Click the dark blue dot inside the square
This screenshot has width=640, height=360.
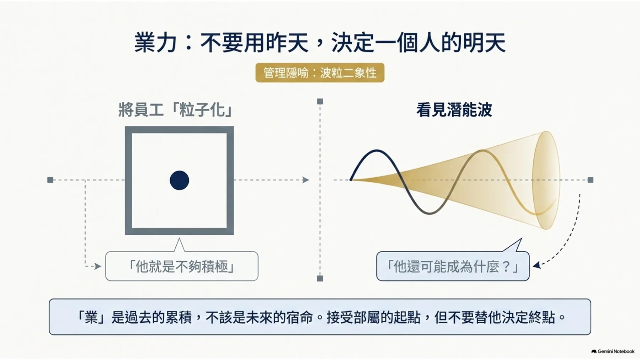tap(179, 180)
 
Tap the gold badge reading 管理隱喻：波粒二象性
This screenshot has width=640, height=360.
tap(320, 73)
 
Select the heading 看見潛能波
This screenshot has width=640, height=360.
tap(454, 110)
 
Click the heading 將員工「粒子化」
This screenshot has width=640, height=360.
tap(176, 109)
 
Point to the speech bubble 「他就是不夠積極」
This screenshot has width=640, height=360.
tap(182, 266)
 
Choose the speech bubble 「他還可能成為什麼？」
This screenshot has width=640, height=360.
tap(453, 266)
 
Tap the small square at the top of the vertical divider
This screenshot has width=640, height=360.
tap(320, 102)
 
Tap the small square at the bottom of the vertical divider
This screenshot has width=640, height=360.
tap(320, 279)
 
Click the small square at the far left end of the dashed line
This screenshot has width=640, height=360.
tap(50, 180)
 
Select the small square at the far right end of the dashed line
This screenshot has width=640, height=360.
tap(591, 180)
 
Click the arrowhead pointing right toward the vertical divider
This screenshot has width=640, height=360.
tap(306, 180)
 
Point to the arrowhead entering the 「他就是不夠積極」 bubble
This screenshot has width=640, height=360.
tap(98, 266)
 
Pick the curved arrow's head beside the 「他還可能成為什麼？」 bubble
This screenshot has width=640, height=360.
tap(537, 265)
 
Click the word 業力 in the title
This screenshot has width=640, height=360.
tap(155, 43)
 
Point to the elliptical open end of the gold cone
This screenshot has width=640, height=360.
tap(546, 180)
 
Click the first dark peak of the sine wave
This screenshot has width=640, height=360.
tap(377, 151)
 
